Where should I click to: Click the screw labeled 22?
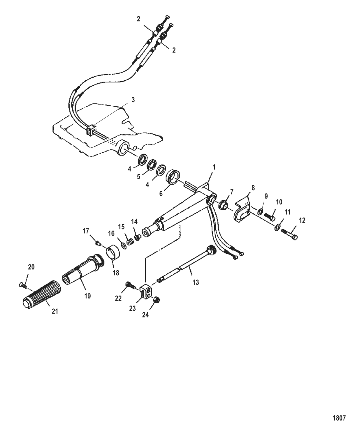130,285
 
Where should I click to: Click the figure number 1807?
339,418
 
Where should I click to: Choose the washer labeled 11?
277,226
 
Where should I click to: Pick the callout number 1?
214,167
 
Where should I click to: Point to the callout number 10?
279,202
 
